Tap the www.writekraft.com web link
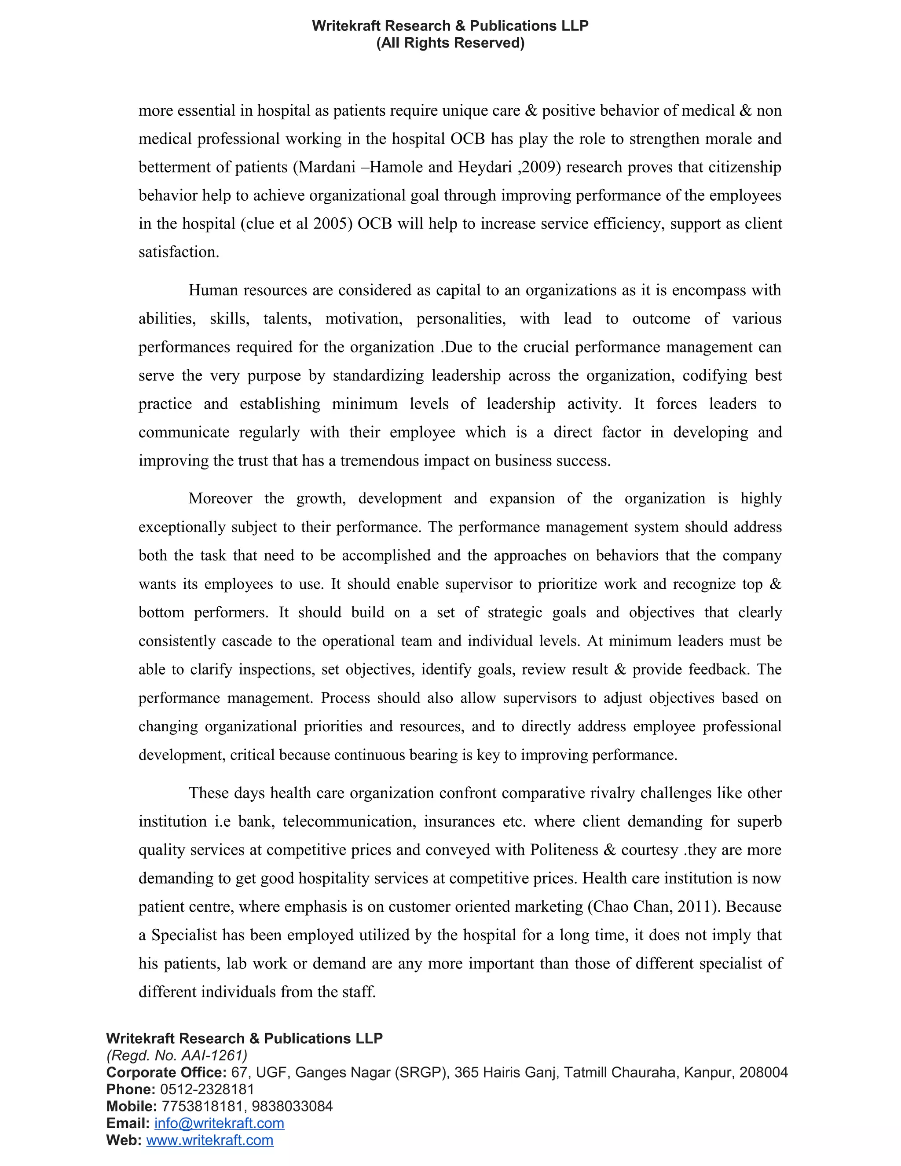pyautogui.click(x=210, y=1140)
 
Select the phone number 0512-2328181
pyautogui.click(x=207, y=1089)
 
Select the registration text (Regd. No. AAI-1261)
pyautogui.click(x=177, y=1056)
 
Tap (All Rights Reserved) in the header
pyautogui.click(x=450, y=43)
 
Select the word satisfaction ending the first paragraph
pyautogui.click(x=178, y=252)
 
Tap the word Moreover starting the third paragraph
pyautogui.click(x=220, y=499)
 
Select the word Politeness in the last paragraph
pyautogui.click(x=564, y=850)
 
